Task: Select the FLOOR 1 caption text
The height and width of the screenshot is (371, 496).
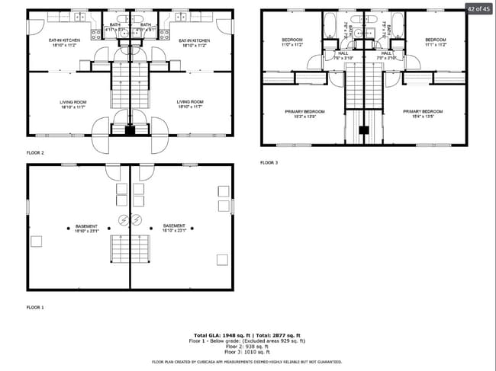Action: (35, 307)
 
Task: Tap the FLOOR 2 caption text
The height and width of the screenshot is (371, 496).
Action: (35, 153)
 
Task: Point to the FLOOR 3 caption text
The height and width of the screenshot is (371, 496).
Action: (269, 162)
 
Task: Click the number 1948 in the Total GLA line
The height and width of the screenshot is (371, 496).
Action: (224, 335)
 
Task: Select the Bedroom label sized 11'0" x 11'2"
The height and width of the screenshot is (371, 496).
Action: (293, 42)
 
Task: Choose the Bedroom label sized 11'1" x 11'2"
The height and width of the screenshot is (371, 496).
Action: (435, 42)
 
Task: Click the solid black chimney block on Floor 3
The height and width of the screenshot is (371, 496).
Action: (364, 130)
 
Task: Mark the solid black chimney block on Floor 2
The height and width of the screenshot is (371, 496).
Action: (130, 131)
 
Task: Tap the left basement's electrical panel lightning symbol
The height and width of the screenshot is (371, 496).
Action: (124, 221)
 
